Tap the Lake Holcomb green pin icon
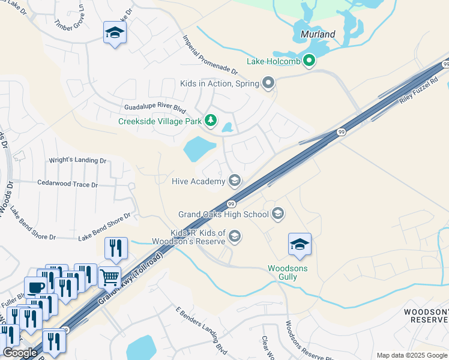point(309,61)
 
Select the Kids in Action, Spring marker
point(268,83)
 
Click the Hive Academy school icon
point(235,181)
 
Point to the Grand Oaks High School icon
point(278,214)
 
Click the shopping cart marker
point(109,277)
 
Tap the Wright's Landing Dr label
point(77,161)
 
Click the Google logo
point(20,353)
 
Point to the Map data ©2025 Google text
point(412,355)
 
